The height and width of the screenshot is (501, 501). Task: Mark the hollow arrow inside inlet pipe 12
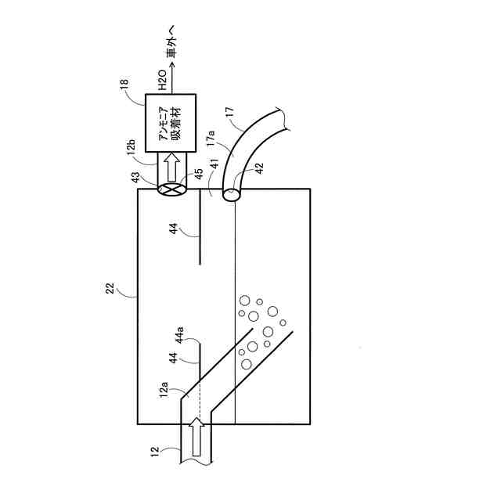coord(199,439)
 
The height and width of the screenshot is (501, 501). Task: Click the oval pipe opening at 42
coord(232,192)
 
